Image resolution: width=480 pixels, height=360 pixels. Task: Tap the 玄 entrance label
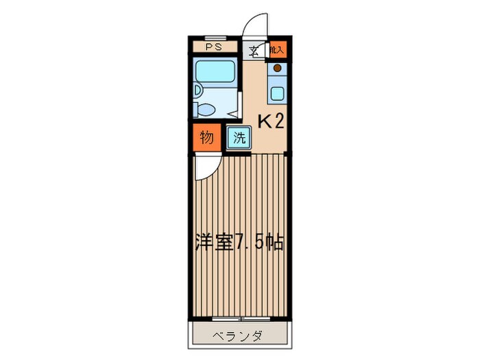254,50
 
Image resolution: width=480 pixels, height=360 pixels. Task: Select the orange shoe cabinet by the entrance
276,49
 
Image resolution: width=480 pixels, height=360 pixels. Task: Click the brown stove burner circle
277,69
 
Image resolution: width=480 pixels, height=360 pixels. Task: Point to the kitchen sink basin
277,93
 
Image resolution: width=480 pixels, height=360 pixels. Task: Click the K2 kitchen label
270,122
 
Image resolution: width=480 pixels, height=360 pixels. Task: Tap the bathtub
215,71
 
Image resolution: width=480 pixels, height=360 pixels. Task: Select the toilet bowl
204,108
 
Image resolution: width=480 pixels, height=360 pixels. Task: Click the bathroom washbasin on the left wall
197,90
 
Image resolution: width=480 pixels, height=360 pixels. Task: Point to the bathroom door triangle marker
235,110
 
